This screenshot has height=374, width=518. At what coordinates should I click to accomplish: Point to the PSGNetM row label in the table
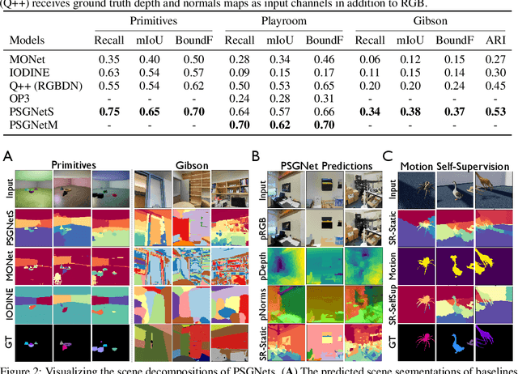pyautogui.click(x=32, y=124)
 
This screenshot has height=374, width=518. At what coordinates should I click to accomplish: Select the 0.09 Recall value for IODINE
pyautogui.click(x=236, y=72)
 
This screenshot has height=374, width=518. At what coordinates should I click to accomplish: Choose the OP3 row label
pyautogui.click(x=20, y=98)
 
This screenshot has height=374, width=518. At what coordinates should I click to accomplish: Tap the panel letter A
pyautogui.click(x=7, y=155)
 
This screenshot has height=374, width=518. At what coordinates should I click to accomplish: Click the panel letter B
pyautogui.click(x=256, y=155)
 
